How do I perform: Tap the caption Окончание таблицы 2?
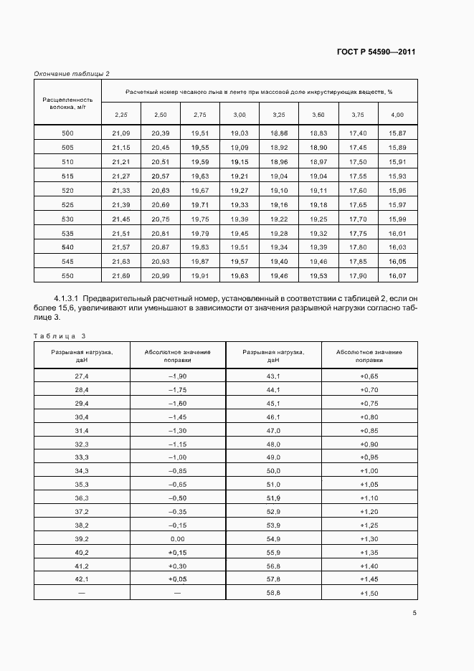pyautogui.click(x=72, y=74)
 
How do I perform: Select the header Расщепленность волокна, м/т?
pyautogui.click(x=68, y=103)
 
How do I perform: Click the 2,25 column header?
pyautogui.click(x=121, y=115)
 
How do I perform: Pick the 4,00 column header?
pyautogui.click(x=397, y=115)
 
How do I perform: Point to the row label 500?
pyautogui.click(x=68, y=133)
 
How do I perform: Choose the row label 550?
pyautogui.click(x=68, y=276)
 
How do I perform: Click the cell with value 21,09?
pyautogui.click(x=121, y=133)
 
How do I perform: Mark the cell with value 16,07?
pyautogui.click(x=397, y=276)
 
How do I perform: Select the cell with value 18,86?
pyautogui.click(x=279, y=133)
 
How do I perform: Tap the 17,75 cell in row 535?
pyautogui.click(x=358, y=233)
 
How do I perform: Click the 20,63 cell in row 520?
pyautogui.click(x=160, y=190)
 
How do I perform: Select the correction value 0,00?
pyautogui.click(x=177, y=538)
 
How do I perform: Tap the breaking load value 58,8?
pyautogui.click(x=273, y=593)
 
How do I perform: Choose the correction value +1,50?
pyautogui.click(x=369, y=593)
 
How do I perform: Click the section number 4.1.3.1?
pyautogui.click(x=70, y=298)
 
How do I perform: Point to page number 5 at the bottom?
pyautogui.click(x=414, y=612)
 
